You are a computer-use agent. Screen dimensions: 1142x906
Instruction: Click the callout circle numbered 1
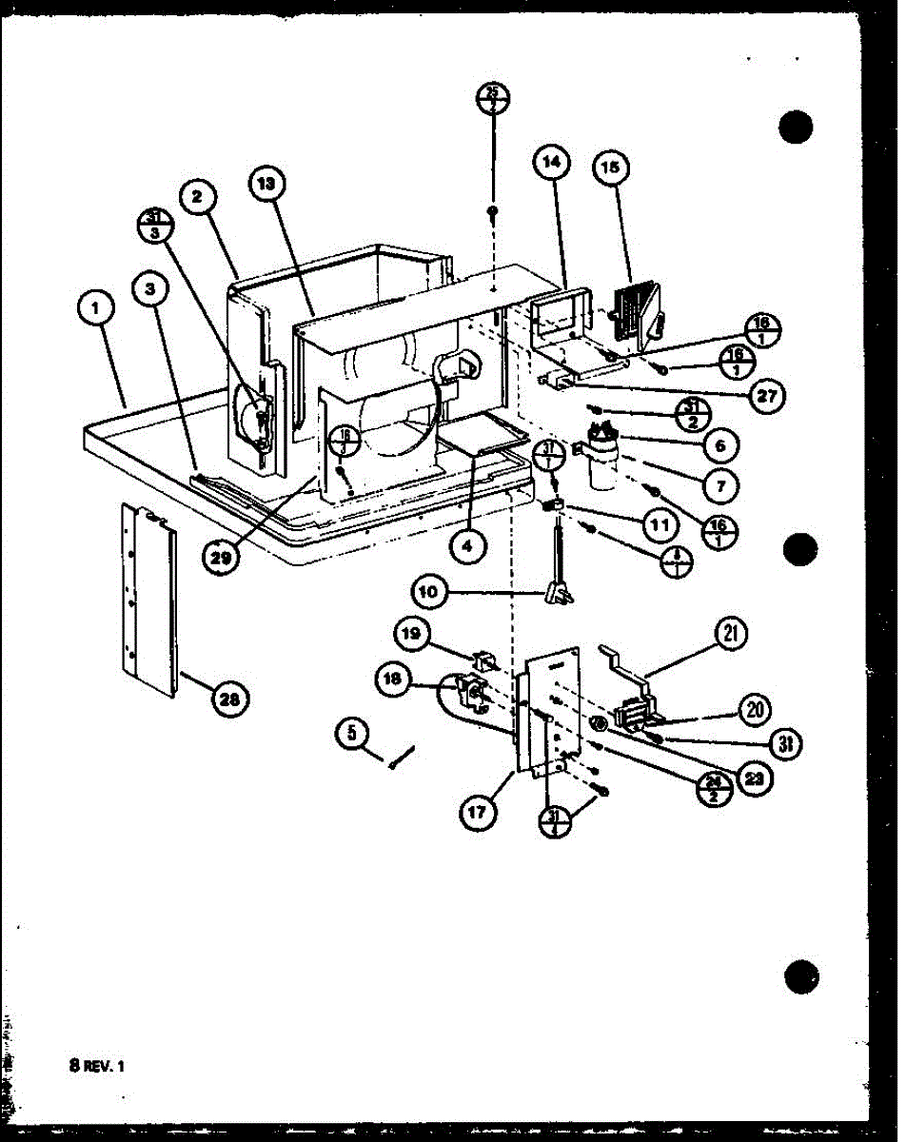(x=97, y=307)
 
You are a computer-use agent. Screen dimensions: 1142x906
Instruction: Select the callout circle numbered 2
(x=197, y=197)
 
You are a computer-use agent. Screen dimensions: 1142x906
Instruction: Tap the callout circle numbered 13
(x=267, y=185)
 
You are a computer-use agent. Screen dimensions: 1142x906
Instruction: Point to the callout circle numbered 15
(x=610, y=167)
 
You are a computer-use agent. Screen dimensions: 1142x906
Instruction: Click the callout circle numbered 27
(x=764, y=397)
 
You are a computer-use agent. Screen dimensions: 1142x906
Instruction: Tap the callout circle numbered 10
(x=430, y=591)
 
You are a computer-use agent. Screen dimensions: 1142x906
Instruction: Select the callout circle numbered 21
(x=733, y=634)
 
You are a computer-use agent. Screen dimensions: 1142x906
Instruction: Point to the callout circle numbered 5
(x=352, y=734)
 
